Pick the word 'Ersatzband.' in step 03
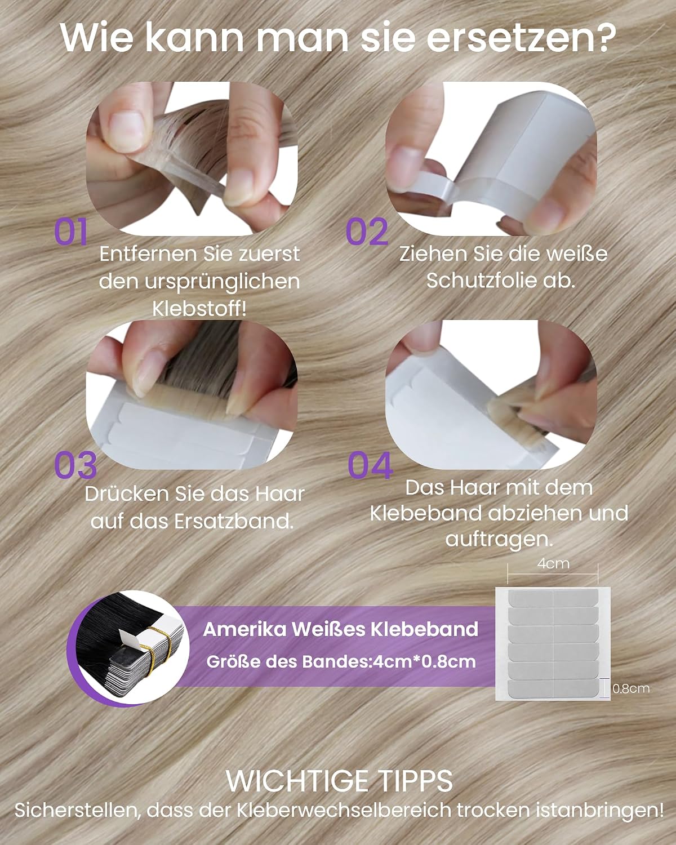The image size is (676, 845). pyautogui.click(x=234, y=522)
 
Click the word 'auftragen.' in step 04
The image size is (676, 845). pyautogui.click(x=499, y=539)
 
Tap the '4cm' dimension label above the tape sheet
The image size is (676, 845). pyautogui.click(x=553, y=563)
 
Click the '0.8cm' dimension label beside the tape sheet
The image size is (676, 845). pyautogui.click(x=631, y=688)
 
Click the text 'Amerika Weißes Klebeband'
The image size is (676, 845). pyautogui.click(x=341, y=629)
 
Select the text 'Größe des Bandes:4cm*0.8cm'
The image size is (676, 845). pyautogui.click(x=341, y=661)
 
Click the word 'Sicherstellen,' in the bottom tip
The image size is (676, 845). pyautogui.click(x=77, y=811)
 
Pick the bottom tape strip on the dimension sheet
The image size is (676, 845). pyautogui.click(x=553, y=688)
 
